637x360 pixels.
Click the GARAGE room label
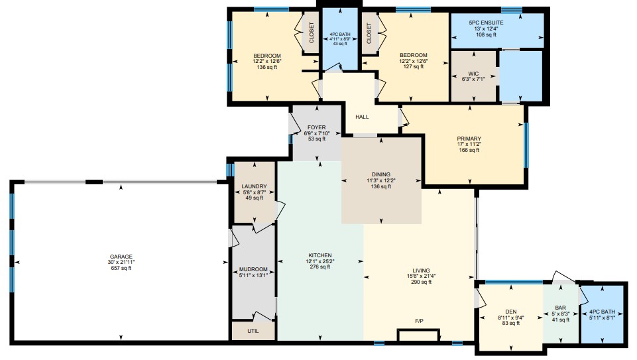[121, 257]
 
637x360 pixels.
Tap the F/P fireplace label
[419, 321]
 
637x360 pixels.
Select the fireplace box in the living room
[418, 335]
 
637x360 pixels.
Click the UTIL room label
[253, 331]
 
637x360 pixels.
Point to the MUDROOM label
[253, 269]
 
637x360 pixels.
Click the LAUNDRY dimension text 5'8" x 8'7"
[255, 192]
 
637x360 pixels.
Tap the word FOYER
[316, 127]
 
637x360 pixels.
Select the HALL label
[362, 117]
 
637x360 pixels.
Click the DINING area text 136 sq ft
[381, 186]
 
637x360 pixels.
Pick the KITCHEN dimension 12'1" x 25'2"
[320, 261]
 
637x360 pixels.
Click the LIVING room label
[422, 270]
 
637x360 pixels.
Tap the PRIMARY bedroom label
[469, 139]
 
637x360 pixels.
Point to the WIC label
[473, 74]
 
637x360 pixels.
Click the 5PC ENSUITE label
[486, 23]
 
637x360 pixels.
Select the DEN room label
[511, 312]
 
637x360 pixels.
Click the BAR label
[560, 308]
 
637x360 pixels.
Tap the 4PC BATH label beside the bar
[602, 312]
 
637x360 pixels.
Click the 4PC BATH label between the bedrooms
[340, 34]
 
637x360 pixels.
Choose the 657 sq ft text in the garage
[121, 268]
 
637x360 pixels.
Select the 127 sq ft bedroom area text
[414, 67]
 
